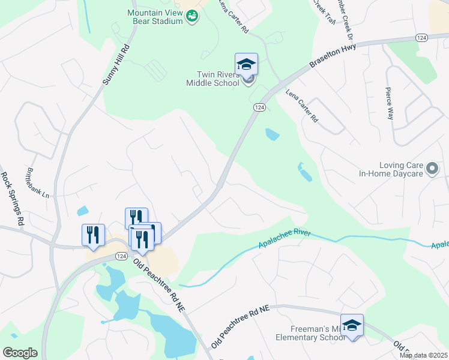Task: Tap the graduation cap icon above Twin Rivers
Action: (246, 64)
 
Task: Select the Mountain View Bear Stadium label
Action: (155, 17)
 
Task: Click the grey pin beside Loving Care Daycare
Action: (432, 169)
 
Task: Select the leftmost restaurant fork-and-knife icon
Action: (93, 235)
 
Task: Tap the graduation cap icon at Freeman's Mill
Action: (352, 325)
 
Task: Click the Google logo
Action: (20, 353)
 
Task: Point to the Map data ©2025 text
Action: (423, 355)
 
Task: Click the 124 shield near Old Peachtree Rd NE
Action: (121, 256)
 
